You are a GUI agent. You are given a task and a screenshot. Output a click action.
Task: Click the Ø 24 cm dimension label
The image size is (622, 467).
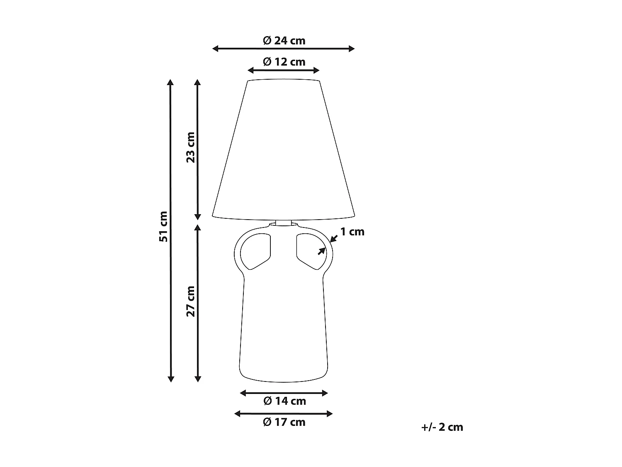coord(284,40)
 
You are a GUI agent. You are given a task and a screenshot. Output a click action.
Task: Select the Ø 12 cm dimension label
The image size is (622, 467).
coord(284,62)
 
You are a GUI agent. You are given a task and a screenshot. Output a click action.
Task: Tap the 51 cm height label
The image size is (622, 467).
coord(163,227)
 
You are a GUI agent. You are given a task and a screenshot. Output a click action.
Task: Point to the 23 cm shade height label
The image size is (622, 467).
coord(190,147)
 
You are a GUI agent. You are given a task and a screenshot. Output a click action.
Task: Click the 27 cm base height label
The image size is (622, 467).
coord(190,301)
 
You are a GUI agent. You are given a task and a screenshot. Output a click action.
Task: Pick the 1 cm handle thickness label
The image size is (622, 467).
coord(352,232)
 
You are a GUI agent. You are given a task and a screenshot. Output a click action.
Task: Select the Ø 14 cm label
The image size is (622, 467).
coord(284,401)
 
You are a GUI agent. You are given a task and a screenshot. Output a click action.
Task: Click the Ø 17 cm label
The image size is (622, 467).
coord(284,422)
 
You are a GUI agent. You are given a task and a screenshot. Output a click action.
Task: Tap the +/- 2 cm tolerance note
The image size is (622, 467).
coord(442,427)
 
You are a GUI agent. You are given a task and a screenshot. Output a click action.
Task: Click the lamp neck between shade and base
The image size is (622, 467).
coord(284,223)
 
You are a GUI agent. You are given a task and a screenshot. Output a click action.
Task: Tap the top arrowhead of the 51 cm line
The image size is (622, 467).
coord(170,82)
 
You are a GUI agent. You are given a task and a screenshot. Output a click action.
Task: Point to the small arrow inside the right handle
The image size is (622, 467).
coord(321,251)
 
